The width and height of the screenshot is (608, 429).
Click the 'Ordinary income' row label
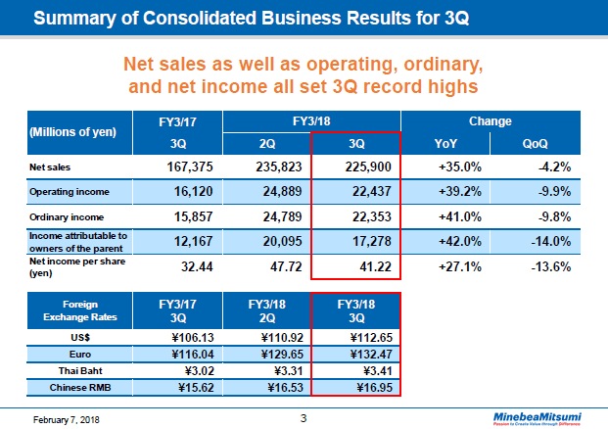pos(65,215)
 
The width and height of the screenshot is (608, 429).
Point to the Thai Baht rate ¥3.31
pos(266,371)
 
